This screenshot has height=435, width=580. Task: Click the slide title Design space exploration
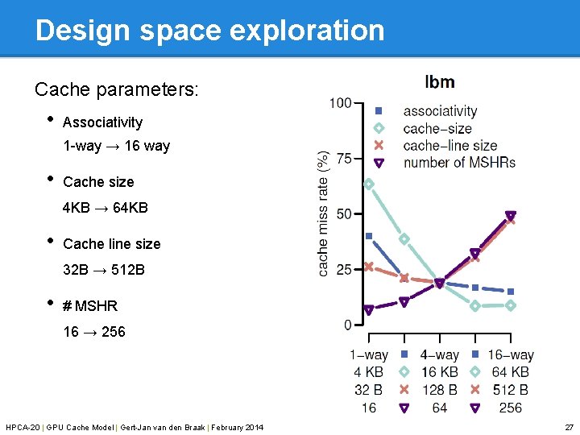click(x=209, y=31)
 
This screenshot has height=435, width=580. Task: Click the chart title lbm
click(x=440, y=82)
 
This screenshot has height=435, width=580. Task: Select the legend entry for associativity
click(x=440, y=111)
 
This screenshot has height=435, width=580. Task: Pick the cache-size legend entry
click(x=437, y=129)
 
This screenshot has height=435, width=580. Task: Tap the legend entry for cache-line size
click(x=449, y=146)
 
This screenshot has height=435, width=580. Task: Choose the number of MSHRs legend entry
click(x=458, y=163)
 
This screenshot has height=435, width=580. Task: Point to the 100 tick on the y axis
click(x=340, y=103)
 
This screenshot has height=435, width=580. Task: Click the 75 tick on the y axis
click(x=343, y=159)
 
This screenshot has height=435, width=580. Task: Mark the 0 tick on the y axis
click(x=347, y=325)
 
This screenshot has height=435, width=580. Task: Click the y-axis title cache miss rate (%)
click(x=324, y=213)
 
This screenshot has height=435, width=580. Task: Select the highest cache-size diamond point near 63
click(x=369, y=184)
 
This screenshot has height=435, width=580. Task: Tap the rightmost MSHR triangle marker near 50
click(x=511, y=216)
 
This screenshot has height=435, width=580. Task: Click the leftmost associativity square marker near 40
click(x=369, y=236)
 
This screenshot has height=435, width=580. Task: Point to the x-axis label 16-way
click(x=510, y=355)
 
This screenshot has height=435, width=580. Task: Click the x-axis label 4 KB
click(x=369, y=372)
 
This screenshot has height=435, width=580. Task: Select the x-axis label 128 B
click(x=440, y=390)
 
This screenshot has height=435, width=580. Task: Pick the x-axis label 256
click(x=510, y=408)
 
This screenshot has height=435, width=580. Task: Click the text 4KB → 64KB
click(x=106, y=208)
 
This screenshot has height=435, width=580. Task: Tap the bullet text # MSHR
click(x=90, y=306)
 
